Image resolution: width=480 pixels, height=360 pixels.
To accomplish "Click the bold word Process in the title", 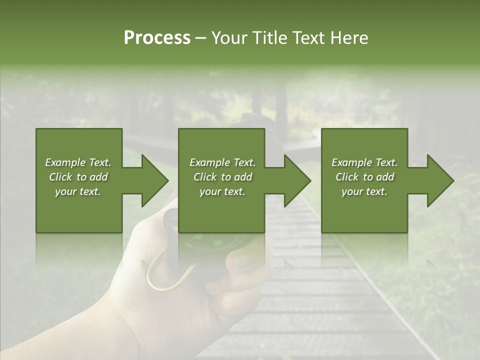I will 157,38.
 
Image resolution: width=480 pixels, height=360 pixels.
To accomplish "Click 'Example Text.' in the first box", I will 78,162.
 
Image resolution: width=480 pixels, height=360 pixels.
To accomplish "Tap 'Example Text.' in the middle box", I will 222,162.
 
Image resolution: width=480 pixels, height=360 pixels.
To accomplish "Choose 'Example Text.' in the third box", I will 364,162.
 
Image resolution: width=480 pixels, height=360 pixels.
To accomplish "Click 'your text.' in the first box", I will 78,191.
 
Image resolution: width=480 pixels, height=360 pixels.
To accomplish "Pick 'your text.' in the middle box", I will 222,191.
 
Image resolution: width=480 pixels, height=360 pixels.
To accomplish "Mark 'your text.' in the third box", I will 364,191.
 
